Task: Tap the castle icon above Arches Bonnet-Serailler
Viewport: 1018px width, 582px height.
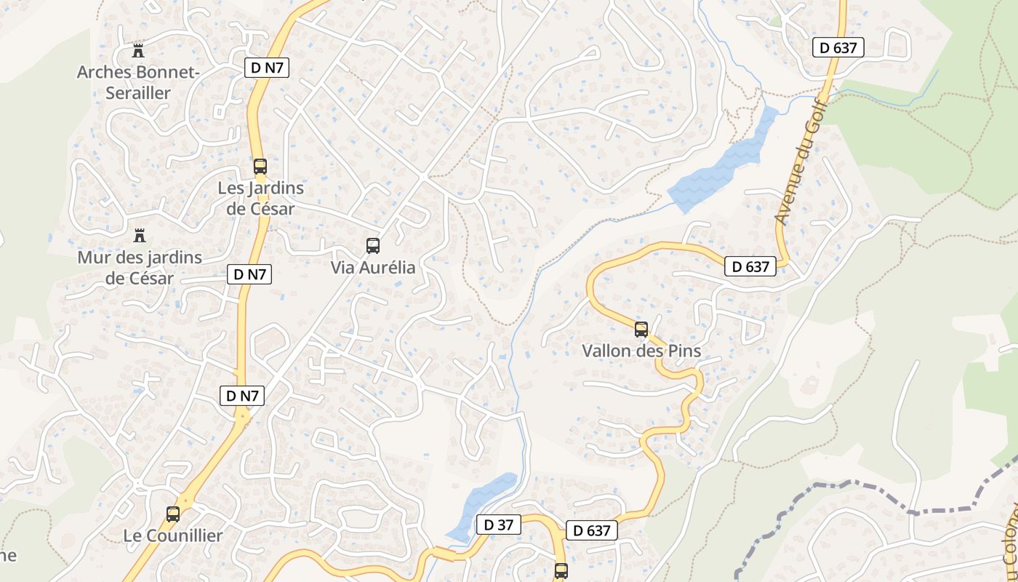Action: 138,51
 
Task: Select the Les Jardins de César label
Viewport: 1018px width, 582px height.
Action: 260,198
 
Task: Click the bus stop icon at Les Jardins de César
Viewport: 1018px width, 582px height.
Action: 260,166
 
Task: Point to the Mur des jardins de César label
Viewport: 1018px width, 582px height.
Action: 140,267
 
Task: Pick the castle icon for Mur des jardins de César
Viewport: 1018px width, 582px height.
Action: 140,236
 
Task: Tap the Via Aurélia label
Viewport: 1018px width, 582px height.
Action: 373,268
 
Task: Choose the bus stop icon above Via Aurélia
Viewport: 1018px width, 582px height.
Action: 373,246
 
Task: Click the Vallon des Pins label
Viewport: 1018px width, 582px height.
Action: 641,351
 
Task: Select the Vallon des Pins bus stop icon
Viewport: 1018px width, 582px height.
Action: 641,329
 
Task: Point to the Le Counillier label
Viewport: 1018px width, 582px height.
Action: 172,535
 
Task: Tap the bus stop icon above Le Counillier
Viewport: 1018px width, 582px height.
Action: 172,514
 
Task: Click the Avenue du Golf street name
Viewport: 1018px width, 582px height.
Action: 797,172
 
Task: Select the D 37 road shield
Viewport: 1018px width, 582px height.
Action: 499,524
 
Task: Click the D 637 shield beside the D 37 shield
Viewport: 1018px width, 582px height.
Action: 592,530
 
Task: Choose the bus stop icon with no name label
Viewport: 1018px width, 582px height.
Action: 561,571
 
